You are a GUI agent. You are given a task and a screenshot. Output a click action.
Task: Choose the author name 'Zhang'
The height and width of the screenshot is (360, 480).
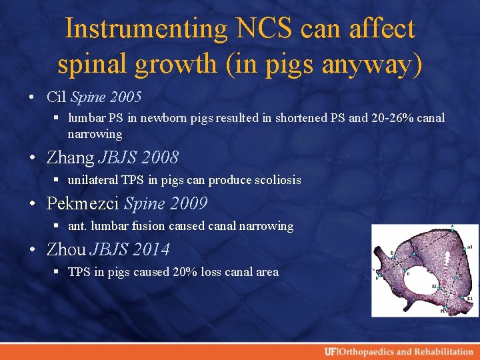pyautogui.click(x=70, y=157)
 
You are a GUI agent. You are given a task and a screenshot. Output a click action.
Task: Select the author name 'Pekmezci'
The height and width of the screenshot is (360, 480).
pyautogui.click(x=83, y=203)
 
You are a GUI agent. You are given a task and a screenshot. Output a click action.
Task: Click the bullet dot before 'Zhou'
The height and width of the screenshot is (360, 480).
pyautogui.click(x=33, y=250)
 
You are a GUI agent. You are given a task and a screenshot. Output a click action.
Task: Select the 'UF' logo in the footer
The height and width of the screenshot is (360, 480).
pyautogui.click(x=330, y=351)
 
